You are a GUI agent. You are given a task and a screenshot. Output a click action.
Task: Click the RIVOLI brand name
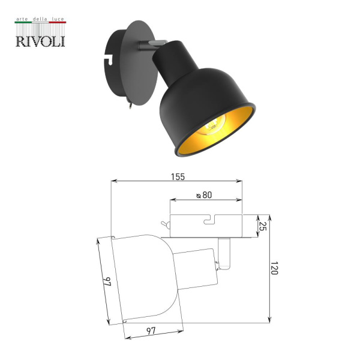coord(40,40)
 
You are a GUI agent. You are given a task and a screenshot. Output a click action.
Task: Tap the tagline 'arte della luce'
coord(40,19)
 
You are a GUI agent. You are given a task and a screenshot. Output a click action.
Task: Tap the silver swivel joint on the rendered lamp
coord(146,44)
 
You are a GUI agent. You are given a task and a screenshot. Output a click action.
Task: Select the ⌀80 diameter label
coord(205,195)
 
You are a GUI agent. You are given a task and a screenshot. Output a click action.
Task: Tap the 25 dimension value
coord(262,226)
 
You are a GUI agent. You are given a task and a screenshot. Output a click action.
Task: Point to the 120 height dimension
coord(274,268)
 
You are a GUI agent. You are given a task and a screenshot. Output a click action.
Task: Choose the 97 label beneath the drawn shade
coord(152,331)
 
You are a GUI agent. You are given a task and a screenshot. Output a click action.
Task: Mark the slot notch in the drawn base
coord(209,221)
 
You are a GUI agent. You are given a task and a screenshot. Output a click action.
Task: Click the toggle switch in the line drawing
coord(164,225)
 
